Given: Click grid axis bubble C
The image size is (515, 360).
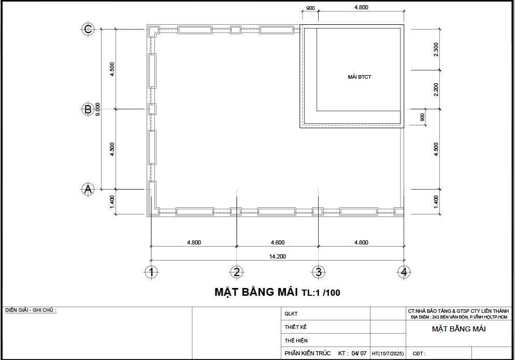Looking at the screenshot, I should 88,30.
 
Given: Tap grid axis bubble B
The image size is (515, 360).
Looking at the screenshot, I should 88,109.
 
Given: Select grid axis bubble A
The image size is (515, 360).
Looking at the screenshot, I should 88,190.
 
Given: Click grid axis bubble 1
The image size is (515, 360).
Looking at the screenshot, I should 151,272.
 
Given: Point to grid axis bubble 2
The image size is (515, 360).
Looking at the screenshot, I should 236,272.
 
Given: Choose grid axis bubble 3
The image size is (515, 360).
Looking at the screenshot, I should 318,272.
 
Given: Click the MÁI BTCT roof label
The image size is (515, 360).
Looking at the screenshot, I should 359,77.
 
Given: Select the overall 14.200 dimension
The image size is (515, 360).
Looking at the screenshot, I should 277,256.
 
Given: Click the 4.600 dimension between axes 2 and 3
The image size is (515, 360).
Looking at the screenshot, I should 277,242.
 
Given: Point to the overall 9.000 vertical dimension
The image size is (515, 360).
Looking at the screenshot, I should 97,109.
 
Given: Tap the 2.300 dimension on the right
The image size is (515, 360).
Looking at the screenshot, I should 436,49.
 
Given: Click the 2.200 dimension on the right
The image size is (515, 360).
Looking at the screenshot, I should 436,89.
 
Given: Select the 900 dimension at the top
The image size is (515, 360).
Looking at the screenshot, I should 310,8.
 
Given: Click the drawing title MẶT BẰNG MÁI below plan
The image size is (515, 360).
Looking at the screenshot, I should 256,292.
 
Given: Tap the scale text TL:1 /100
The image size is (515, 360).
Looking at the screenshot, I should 321,293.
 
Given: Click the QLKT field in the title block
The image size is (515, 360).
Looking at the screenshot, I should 291,314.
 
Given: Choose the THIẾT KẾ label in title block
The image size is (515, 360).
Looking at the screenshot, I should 296,327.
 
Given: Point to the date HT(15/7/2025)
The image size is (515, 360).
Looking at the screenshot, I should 388,354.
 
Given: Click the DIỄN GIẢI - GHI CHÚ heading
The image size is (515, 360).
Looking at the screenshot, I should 31,310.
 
